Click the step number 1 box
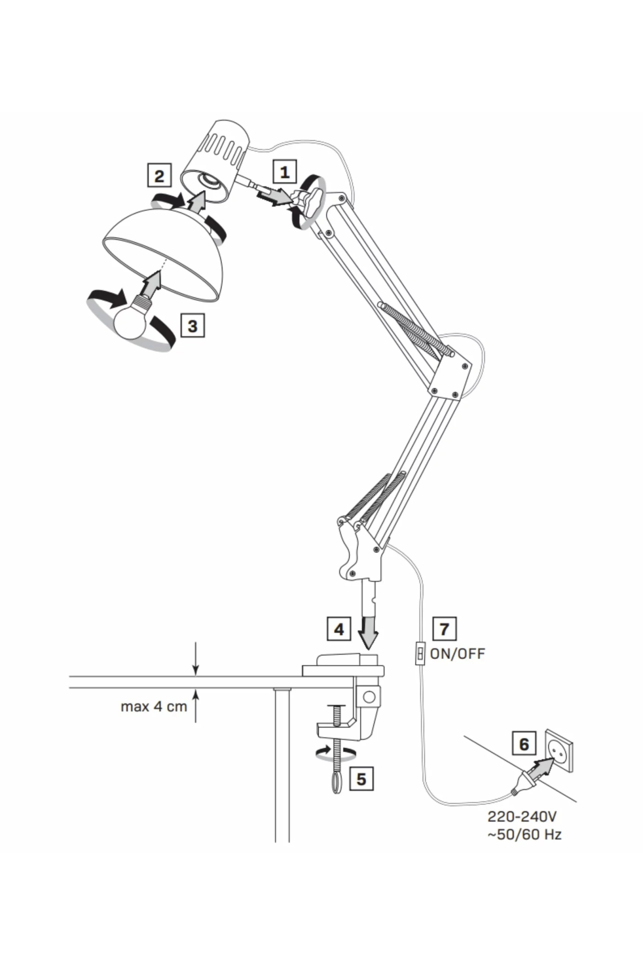[x=285, y=172]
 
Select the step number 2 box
[x=159, y=176]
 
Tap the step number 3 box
[x=192, y=326]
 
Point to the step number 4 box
[x=339, y=629]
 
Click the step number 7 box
[x=445, y=629]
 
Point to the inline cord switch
[x=420, y=653]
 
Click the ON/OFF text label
[x=457, y=653]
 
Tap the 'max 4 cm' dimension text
[x=154, y=706]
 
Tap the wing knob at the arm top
[x=310, y=203]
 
